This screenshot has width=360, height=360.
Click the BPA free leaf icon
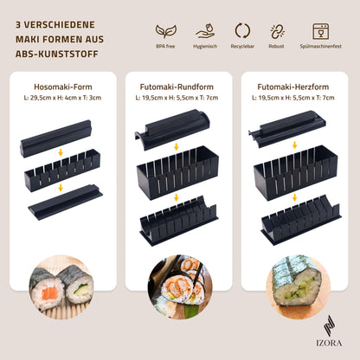[x=166, y=31]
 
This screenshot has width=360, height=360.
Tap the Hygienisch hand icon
[x=205, y=31]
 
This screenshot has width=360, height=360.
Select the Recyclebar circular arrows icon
[x=242, y=31]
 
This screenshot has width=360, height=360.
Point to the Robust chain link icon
[x=277, y=31]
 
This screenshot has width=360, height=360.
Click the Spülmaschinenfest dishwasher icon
[x=321, y=31]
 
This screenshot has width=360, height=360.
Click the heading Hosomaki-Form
[x=63, y=87]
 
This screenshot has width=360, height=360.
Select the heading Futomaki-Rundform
[x=177, y=87]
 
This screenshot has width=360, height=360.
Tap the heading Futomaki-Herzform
[x=293, y=87]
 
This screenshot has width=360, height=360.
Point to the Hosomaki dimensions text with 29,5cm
[x=62, y=98]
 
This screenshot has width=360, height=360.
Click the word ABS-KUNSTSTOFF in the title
[x=57, y=54]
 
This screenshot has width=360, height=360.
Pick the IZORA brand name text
[x=329, y=343]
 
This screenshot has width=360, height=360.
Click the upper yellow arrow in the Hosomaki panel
[x=61, y=152]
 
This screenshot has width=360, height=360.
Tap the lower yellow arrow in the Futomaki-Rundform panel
[x=177, y=197]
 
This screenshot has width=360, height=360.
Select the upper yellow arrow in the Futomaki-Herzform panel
[x=294, y=145]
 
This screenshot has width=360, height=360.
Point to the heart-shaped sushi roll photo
[x=297, y=286]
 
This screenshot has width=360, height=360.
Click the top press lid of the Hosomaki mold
[x=56, y=138]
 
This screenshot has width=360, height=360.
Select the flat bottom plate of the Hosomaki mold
[x=65, y=202]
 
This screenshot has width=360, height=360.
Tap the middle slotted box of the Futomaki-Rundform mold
[x=177, y=173]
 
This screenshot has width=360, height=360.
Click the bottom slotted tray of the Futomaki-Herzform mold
[x=301, y=220]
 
